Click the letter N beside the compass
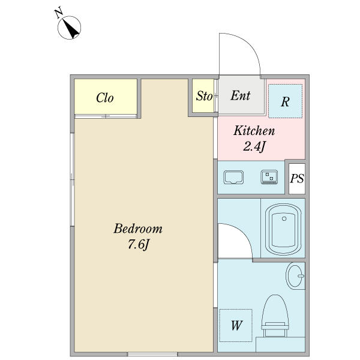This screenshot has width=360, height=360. [59, 13]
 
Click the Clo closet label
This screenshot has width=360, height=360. [105, 98]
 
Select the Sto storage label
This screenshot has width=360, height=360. [204, 96]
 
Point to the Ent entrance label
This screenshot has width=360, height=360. [241, 95]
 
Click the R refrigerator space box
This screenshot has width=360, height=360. [285, 101]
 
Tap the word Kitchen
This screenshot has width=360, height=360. [254, 131]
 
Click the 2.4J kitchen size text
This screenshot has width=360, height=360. [254, 146]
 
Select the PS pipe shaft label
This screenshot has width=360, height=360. [297, 178]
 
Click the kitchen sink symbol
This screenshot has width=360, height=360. [233, 177]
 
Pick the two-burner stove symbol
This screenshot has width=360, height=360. [269, 177]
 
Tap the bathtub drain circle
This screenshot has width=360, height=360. [284, 218]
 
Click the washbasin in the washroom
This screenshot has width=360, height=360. [295, 276]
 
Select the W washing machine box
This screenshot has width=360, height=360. [236, 325]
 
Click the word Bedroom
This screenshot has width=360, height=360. [138, 229]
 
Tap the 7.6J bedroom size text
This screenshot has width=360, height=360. [139, 244]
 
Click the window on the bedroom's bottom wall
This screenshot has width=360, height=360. [152, 354]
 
